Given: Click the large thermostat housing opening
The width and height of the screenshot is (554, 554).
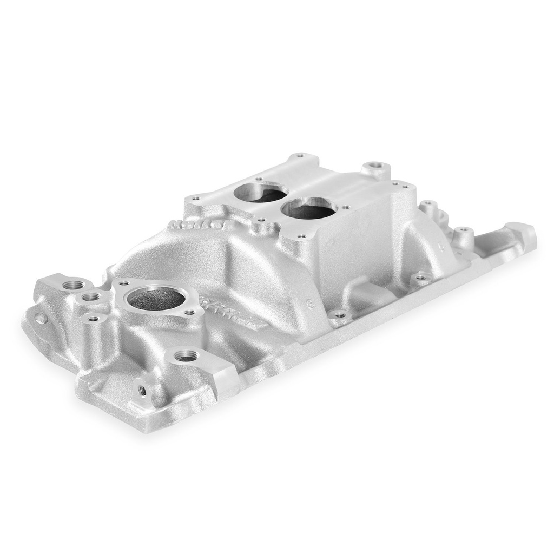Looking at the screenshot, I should click(x=155, y=297).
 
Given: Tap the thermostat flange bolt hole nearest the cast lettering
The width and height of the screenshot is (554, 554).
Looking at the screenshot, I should click(x=189, y=312).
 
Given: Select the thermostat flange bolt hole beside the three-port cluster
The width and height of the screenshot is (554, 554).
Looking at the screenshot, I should click(x=123, y=283).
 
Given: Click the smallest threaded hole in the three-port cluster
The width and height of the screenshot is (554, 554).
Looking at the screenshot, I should click(x=94, y=319).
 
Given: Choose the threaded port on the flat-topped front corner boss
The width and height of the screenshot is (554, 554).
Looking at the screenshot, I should click(x=187, y=357).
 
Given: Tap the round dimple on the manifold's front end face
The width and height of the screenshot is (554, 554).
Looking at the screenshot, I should click(x=41, y=318).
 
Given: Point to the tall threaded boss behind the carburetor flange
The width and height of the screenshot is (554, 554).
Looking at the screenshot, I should click(x=374, y=166).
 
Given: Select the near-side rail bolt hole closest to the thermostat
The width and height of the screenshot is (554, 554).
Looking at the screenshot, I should click(x=339, y=315).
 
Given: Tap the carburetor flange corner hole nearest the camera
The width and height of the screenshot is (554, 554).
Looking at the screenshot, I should click(x=301, y=236).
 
